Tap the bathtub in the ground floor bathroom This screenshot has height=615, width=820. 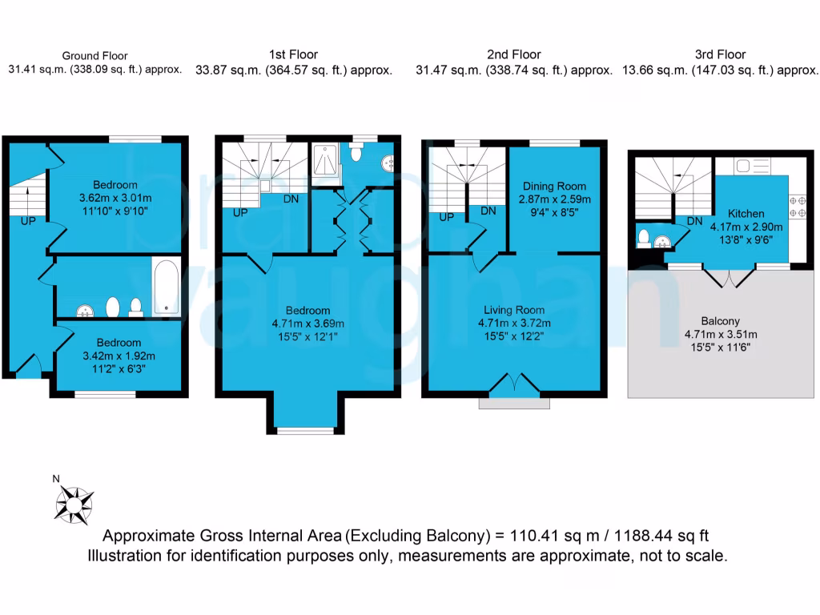tap(166, 286)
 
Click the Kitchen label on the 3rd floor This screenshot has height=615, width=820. tap(746, 214)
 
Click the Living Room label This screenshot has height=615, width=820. tap(514, 310)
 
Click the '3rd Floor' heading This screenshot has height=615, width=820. tap(721, 54)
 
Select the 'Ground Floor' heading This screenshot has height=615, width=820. tap(94, 56)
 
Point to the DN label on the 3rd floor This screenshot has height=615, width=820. tap(695, 221)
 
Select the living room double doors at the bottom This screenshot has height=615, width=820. tap(514, 383)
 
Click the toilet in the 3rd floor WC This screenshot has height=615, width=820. tap(644, 238)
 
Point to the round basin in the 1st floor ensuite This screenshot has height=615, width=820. tap(388, 163)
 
